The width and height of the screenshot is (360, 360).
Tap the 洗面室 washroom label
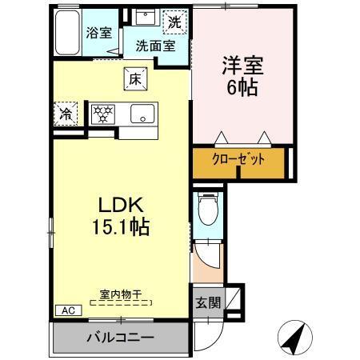(x=154, y=46)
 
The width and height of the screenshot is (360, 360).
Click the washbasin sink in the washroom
(x=146, y=18)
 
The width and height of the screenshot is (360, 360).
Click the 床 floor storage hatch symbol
(x=134, y=79)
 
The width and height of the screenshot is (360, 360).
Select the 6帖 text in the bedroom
(x=241, y=87)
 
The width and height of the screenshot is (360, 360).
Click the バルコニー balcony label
(x=120, y=337)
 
